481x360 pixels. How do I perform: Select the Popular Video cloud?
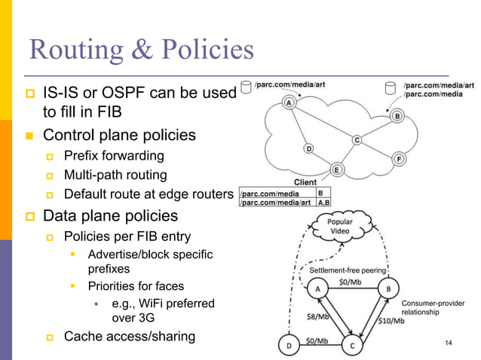pyautogui.click(x=343, y=228)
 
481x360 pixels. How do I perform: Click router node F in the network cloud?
pyautogui.click(x=400, y=159)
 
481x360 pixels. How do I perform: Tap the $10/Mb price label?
pyautogui.click(x=390, y=320)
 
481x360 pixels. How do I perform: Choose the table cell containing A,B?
pyautogui.click(x=323, y=202)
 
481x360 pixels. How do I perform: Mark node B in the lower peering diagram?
pyautogui.click(x=388, y=289)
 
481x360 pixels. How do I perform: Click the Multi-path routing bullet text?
pyautogui.click(x=115, y=175)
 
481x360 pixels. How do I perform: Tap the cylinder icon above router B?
pyautogui.click(x=391, y=88)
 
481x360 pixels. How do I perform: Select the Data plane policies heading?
pyautogui.click(x=110, y=215)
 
